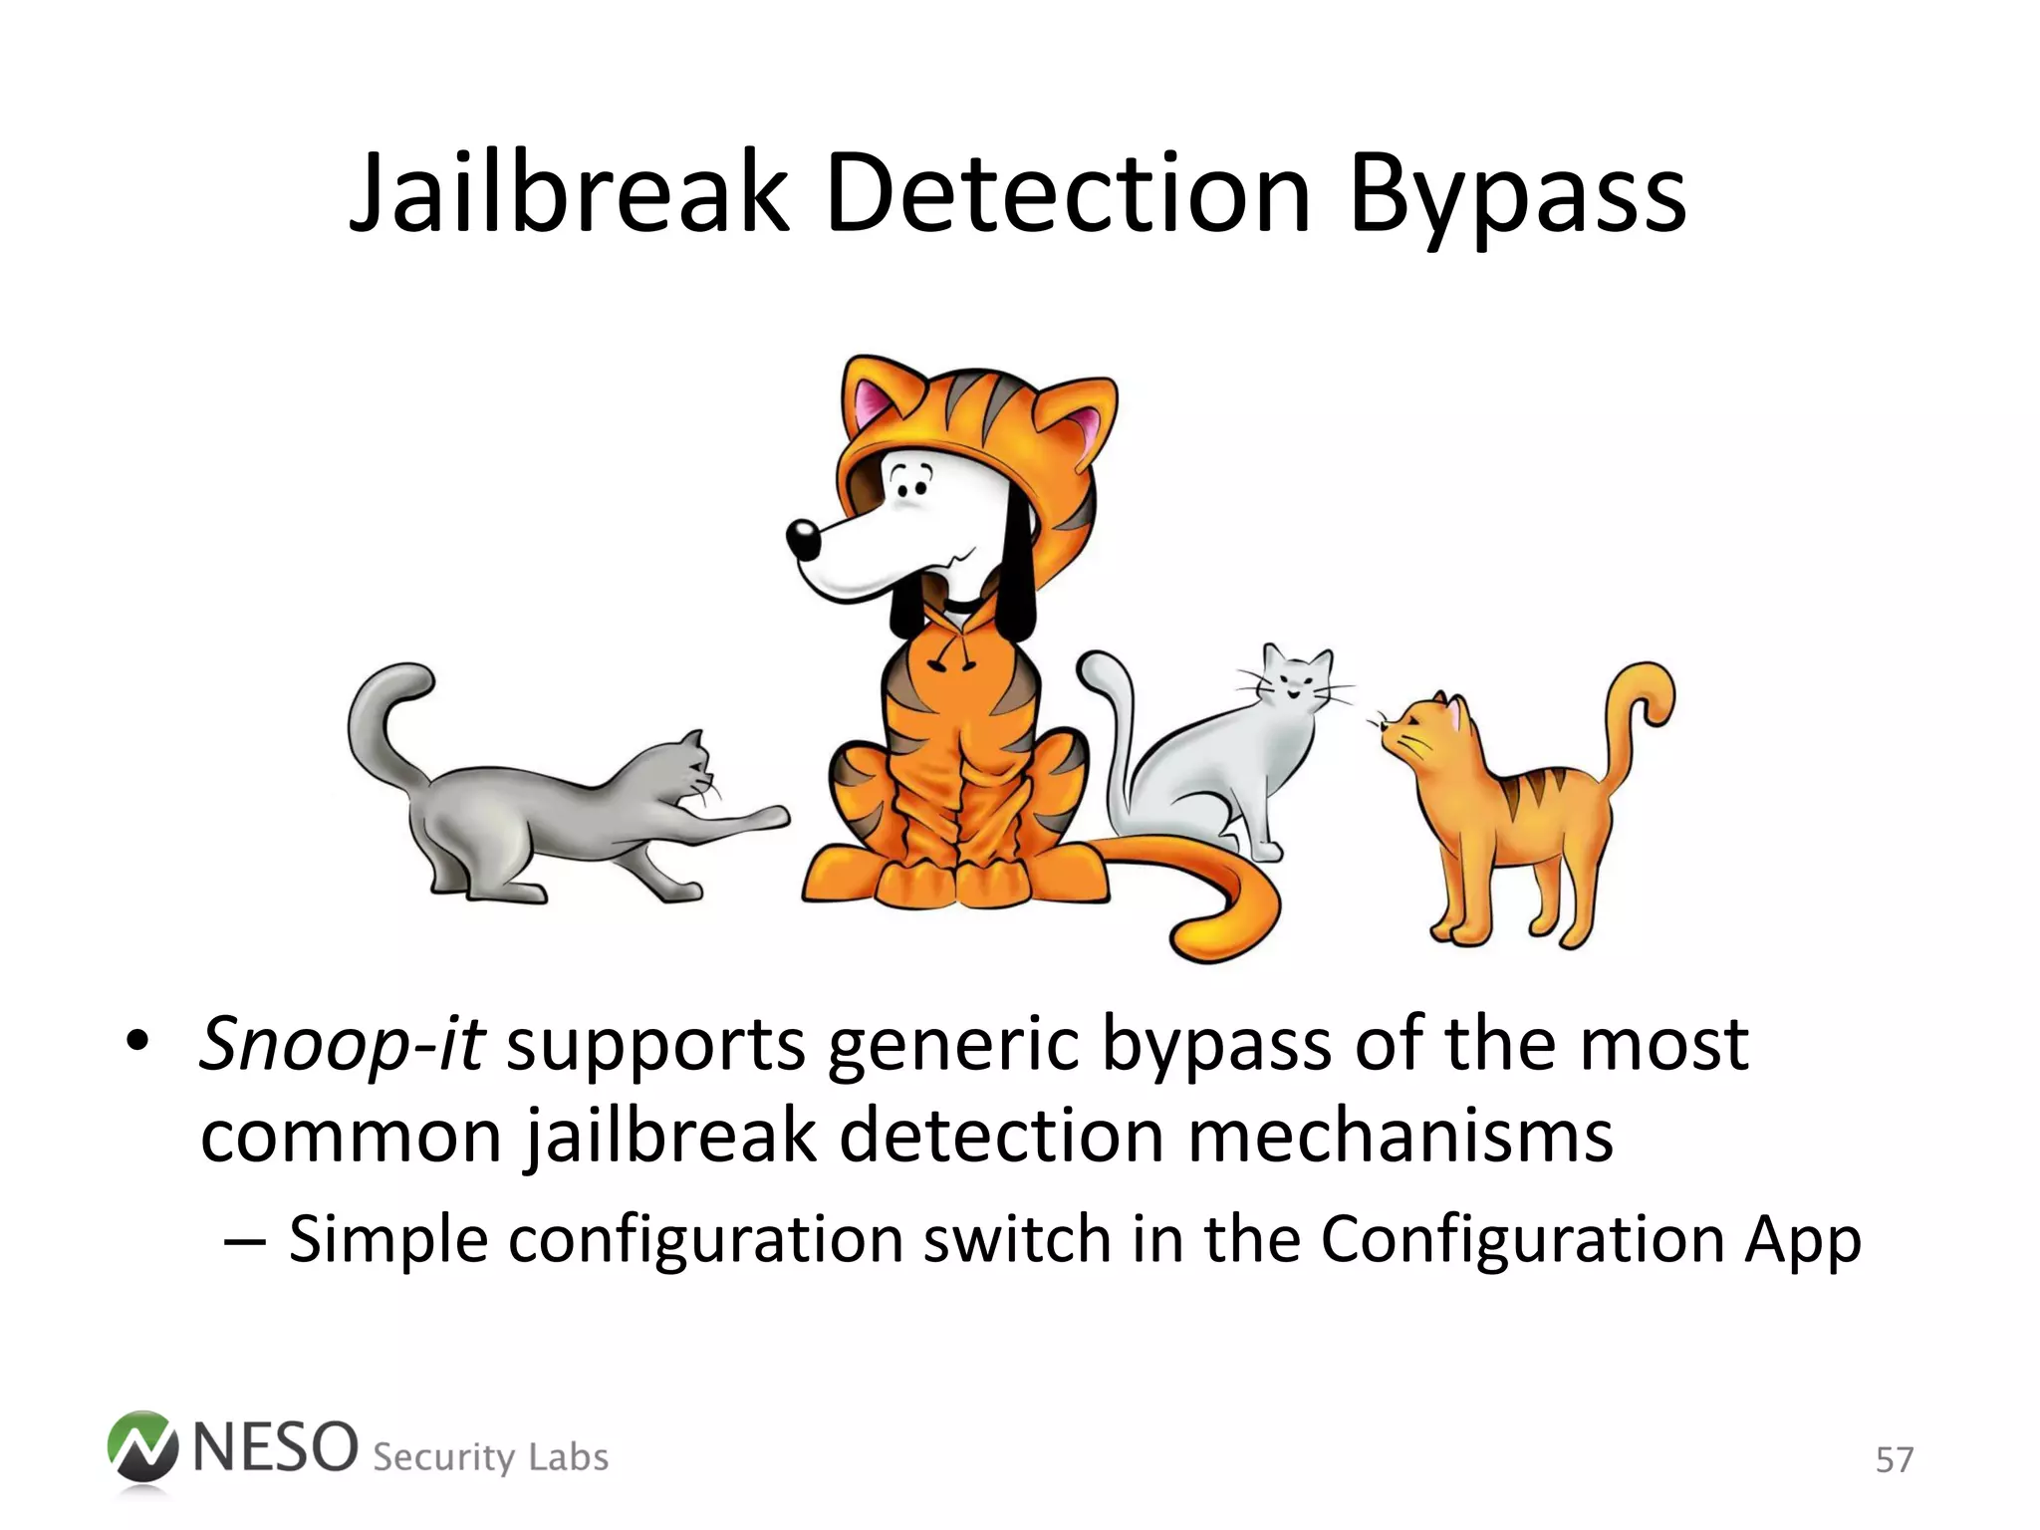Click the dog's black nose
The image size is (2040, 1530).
tap(803, 539)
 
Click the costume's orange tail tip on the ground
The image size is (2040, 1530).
tap(1210, 936)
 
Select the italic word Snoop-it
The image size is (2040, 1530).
tap(342, 1044)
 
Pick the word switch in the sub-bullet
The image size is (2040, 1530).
tap(1016, 1240)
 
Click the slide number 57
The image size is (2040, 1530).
tap(1894, 1460)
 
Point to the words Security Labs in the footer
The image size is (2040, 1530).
tap(490, 1457)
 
